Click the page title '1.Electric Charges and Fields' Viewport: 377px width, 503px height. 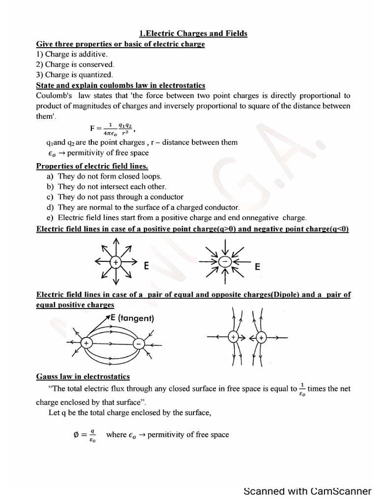pyautogui.click(x=193, y=33)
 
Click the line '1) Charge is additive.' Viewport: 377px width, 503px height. pyautogui.click(x=72, y=54)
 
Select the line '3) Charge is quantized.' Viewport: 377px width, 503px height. pyautogui.click(x=75, y=75)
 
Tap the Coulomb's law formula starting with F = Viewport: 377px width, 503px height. pyautogui.click(x=112, y=128)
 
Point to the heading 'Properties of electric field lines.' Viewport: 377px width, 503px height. pyautogui.click(x=92, y=166)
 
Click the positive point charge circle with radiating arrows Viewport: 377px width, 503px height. pyautogui.click(x=116, y=262)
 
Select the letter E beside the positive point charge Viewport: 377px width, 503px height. pyautogui.click(x=146, y=267)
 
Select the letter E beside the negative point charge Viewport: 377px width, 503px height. pyautogui.click(x=257, y=267)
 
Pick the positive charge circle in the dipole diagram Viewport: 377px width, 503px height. pyautogui.click(x=87, y=343)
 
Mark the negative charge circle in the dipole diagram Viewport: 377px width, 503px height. pyautogui.click(x=139, y=344)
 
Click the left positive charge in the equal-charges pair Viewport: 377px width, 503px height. pyautogui.click(x=234, y=337)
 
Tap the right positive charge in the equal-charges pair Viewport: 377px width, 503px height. pyautogui.click(x=262, y=338)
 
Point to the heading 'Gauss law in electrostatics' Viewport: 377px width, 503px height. pyautogui.click(x=83, y=377)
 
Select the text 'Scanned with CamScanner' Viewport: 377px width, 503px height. pyautogui.click(x=307, y=491)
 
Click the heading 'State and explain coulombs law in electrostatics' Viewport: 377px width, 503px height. pyautogui.click(x=121, y=85)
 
